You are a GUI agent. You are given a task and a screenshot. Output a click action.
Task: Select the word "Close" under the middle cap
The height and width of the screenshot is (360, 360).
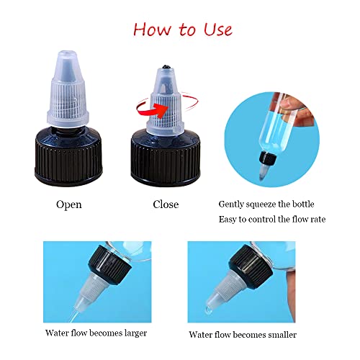coord(166,204)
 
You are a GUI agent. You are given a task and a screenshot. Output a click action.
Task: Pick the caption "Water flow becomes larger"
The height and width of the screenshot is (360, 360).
coord(96,333)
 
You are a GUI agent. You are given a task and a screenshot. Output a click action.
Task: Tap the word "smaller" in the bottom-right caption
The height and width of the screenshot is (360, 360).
coord(279,334)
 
